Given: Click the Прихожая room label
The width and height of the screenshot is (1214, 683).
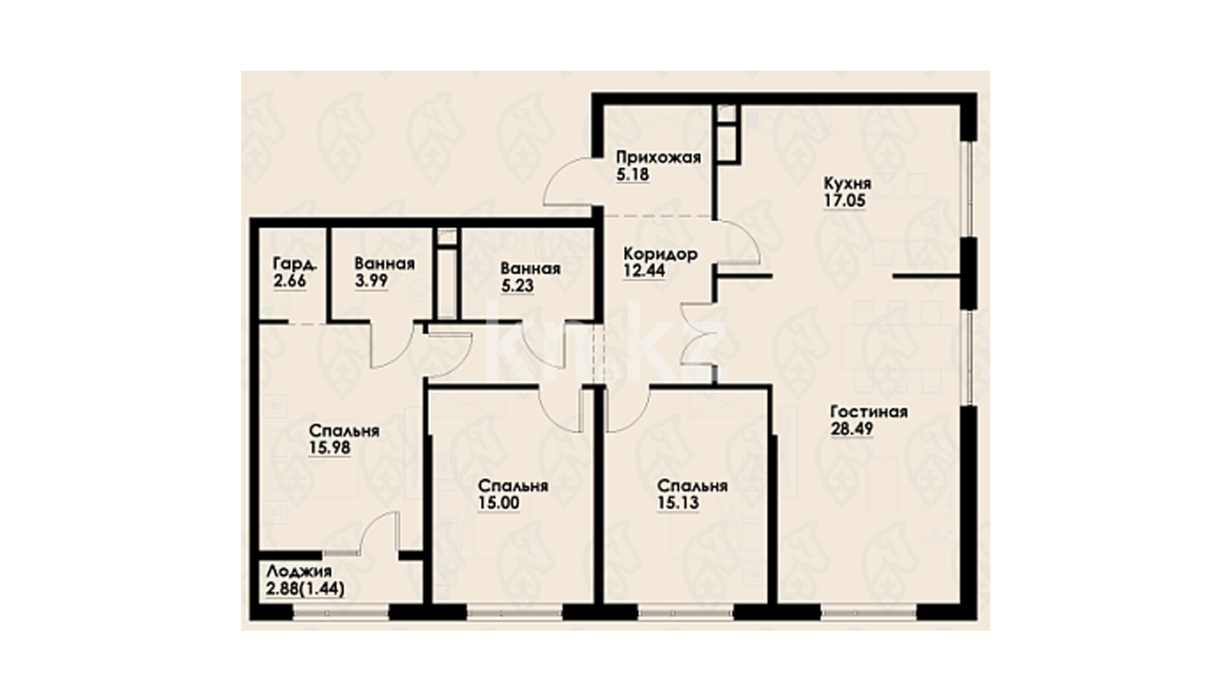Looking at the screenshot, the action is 659,157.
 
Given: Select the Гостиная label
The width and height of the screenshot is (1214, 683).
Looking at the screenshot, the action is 869,412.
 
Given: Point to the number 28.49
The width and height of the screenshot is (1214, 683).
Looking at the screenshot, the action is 852,429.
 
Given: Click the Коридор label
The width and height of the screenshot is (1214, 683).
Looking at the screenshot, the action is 661,254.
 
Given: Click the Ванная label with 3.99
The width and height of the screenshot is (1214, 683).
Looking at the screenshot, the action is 384,264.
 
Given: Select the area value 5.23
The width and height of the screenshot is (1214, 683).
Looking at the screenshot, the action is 518,286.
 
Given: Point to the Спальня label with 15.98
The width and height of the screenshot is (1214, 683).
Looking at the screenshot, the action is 344,431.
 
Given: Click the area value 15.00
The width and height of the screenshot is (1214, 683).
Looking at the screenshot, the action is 499,503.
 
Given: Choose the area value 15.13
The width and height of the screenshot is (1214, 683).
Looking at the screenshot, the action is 678,503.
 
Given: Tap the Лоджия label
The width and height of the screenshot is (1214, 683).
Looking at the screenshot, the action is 299,572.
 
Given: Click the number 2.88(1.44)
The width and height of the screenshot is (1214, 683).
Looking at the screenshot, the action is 305,589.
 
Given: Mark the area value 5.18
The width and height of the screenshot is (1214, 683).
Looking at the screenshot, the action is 632,174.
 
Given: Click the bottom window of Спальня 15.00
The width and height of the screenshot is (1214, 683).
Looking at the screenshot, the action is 514,612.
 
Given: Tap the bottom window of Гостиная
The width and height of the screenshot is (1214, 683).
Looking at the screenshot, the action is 869,612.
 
